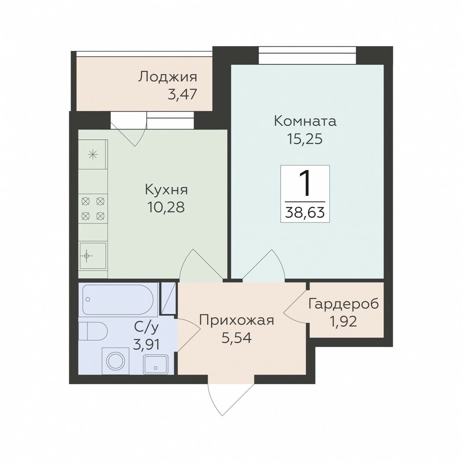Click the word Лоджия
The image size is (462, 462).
click(x=168, y=77)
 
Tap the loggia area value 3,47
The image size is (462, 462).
click(x=182, y=95)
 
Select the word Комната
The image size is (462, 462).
click(x=305, y=121)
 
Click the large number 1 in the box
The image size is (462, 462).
click(x=305, y=184)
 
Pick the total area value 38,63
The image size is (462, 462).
click(x=305, y=212)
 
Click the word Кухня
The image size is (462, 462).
click(x=166, y=190)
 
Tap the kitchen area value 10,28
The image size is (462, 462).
click(x=166, y=207)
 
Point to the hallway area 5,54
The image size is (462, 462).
click(x=237, y=338)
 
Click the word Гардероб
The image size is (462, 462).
click(x=344, y=305)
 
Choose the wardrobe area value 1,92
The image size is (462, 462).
click(x=344, y=321)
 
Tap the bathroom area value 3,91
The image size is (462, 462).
click(x=146, y=344)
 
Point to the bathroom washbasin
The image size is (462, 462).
click(x=156, y=364)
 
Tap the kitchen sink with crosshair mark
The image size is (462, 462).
click(x=92, y=255)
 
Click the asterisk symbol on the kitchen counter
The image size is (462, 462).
click(x=93, y=154)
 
